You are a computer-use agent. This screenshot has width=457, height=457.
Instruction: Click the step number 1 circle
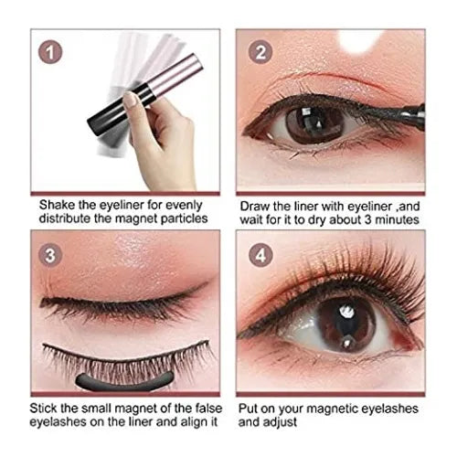click(x=50, y=52)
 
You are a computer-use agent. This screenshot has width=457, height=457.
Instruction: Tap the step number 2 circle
click(x=260, y=52)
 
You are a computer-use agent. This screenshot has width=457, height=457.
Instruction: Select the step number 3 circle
click(x=50, y=255)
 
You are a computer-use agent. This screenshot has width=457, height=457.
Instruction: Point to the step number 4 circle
click(x=260, y=255)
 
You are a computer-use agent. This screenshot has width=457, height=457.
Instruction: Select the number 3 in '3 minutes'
click(x=368, y=219)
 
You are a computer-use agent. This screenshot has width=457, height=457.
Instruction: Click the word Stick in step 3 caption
click(x=43, y=408)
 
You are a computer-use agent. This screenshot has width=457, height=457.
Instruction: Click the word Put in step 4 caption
click(x=249, y=409)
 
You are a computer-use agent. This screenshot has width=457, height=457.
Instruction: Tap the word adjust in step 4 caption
click(x=282, y=422)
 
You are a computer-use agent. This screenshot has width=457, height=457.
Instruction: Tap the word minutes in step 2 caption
click(x=397, y=219)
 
